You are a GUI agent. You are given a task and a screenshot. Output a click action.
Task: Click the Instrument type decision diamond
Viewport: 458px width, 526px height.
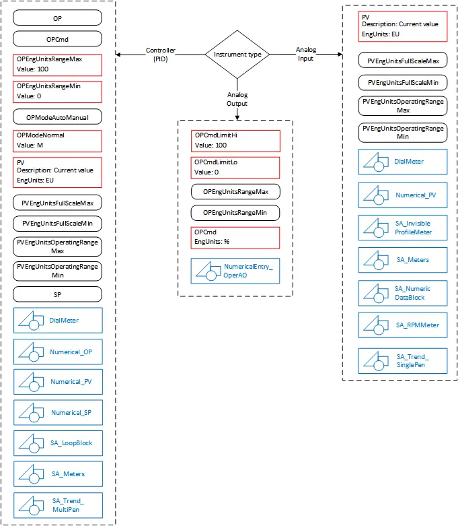click(237, 55)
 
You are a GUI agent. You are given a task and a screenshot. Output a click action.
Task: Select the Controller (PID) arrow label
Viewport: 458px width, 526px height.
click(161, 54)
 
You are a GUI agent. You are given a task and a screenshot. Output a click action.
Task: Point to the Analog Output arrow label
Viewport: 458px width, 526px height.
click(237, 99)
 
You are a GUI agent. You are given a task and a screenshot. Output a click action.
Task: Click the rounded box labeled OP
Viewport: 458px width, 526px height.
click(57, 18)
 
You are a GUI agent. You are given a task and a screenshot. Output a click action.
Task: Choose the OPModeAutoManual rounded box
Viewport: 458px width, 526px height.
click(57, 117)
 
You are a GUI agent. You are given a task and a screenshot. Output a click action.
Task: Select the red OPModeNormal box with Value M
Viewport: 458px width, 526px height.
click(57, 141)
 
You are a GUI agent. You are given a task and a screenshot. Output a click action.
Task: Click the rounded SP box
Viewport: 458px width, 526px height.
click(57, 294)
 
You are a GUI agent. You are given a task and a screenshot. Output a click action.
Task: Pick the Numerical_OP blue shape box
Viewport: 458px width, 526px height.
click(57, 351)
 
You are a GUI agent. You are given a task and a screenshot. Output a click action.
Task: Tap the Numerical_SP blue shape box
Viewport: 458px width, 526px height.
click(57, 413)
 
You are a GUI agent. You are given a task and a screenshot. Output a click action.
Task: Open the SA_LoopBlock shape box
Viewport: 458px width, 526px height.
click(57, 443)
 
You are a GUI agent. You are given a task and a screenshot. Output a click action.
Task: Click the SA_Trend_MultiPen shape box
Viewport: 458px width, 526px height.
click(57, 505)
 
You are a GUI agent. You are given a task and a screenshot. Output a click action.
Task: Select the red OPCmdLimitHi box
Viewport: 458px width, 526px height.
click(235, 141)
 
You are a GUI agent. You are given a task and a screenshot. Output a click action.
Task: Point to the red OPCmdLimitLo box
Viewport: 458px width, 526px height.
click(235, 168)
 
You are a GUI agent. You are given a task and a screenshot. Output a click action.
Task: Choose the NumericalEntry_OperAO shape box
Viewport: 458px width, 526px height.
click(235, 271)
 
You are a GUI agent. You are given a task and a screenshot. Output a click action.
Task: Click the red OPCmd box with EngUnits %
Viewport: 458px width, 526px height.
click(235, 237)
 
